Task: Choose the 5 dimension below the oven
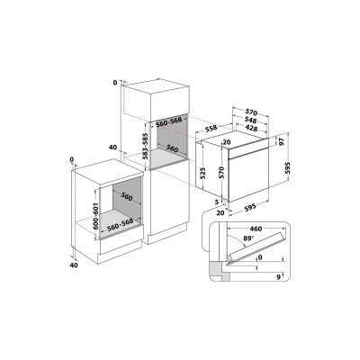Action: pyautogui.click(x=217, y=202)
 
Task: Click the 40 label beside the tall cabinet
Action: pyautogui.click(x=112, y=147)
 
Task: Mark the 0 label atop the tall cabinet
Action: pyautogui.click(x=116, y=82)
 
